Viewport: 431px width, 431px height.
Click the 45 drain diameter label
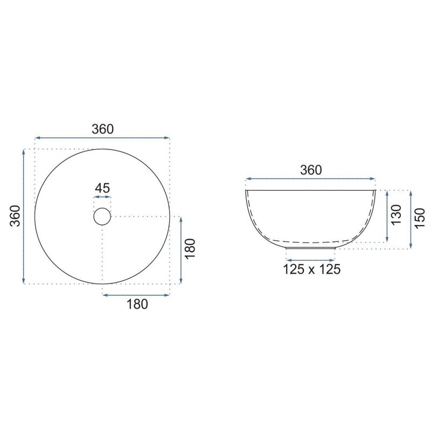click(102, 188)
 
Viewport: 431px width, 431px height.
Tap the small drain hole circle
click(102, 208)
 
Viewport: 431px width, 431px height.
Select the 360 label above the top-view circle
click(102, 129)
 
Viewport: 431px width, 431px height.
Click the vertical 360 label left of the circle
click(15, 216)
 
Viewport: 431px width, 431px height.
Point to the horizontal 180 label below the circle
click(137, 304)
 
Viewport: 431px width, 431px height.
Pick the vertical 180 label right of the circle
click(190, 249)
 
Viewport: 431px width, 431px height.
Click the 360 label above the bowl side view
click(311, 170)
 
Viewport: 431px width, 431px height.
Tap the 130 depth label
click(397, 214)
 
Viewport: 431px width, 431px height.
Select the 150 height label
click(420, 218)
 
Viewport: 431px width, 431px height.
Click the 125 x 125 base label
click(312, 269)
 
